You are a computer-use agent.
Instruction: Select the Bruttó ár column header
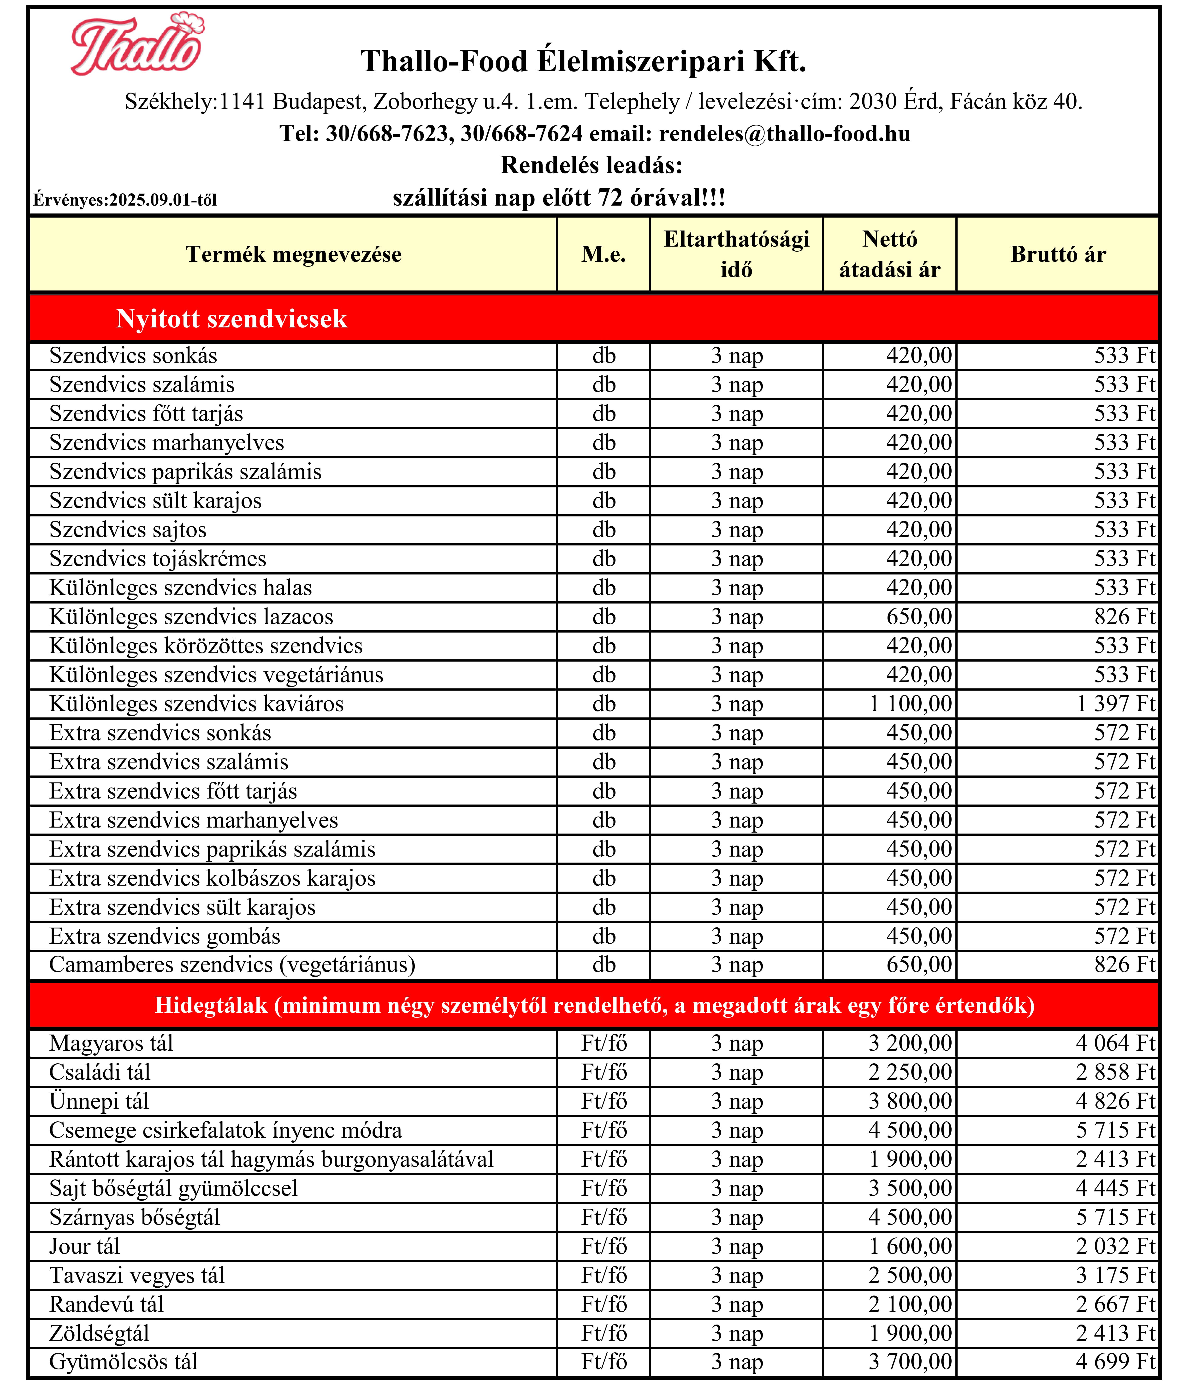coord(1058,254)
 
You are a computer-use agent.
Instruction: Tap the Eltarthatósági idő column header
coord(736,254)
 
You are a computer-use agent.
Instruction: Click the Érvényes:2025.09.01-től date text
coord(125,200)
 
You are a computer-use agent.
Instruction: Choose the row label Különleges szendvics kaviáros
coord(196,704)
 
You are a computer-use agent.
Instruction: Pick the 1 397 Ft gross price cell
coord(1115,704)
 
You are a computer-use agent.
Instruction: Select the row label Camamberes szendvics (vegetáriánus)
coord(232,965)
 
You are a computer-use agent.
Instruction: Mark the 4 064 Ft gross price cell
coord(1115,1043)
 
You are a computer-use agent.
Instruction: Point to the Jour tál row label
coord(85,1247)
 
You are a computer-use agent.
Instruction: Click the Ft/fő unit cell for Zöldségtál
coord(604,1333)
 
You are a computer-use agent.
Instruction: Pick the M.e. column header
coord(604,254)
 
